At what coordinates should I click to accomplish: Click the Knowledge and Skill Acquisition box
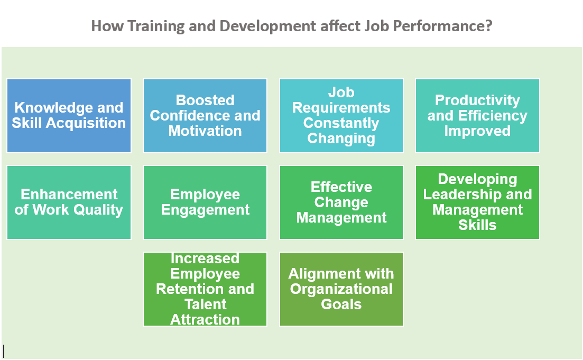pos(69,116)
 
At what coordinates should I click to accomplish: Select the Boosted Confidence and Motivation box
pos(205,116)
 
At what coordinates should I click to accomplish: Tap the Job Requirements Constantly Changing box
pos(341,116)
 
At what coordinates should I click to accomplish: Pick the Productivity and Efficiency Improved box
pos(477,116)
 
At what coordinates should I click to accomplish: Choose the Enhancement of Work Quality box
pos(69,202)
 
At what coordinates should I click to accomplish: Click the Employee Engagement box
pos(205,202)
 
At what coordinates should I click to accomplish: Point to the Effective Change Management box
pos(341,202)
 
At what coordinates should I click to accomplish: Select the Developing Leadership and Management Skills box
pos(477,202)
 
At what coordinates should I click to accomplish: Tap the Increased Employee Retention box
pos(205,289)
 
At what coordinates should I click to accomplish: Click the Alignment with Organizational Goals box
pos(341,289)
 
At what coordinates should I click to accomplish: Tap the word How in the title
pos(107,26)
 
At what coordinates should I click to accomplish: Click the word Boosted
pos(205,100)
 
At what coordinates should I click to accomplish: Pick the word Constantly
pos(341,123)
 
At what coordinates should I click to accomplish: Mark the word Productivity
pos(477,100)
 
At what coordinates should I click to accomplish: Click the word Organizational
pos(341,289)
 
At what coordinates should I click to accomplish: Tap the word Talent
pos(205,304)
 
